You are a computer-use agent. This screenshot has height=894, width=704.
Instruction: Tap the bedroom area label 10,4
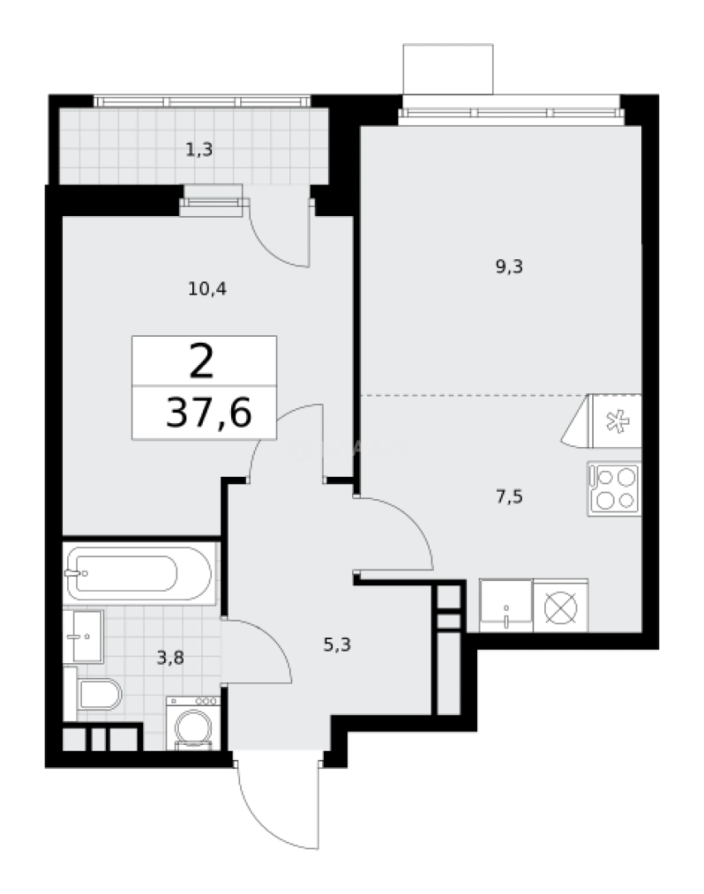(208, 289)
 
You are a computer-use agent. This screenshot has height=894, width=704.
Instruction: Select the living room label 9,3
(510, 267)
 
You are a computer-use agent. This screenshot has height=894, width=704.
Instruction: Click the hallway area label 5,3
(337, 643)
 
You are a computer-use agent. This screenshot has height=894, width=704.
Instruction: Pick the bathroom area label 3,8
(171, 659)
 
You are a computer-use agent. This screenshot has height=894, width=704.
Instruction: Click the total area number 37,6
(208, 413)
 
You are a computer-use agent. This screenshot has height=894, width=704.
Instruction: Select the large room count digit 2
(200, 361)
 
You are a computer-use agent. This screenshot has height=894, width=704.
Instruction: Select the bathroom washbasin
(83, 637)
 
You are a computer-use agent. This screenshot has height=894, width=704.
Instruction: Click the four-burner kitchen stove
(614, 488)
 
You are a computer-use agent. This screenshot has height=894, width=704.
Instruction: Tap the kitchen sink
(505, 605)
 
